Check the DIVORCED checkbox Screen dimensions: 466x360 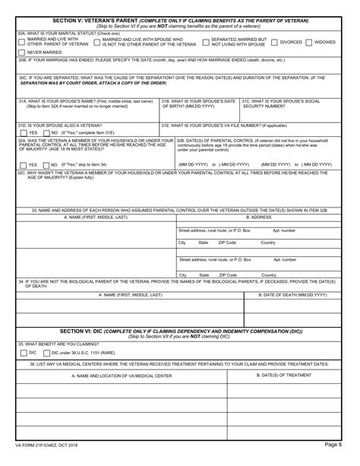click(276, 43)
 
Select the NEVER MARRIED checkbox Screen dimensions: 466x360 click(22, 52)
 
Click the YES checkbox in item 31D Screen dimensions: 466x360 click(22, 132)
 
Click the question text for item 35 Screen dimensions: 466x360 click(59, 344)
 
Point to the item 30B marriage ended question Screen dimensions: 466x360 click(152, 59)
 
